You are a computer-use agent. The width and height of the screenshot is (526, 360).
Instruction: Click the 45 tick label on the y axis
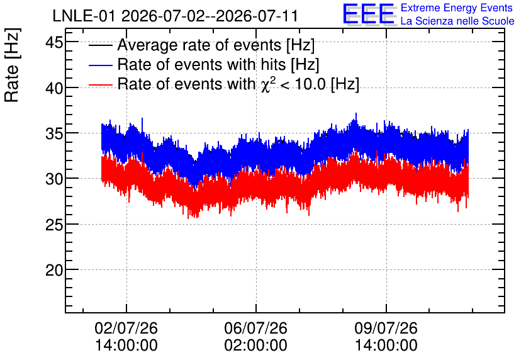click(x=54, y=43)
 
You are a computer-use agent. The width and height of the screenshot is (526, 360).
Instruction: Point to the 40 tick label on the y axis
click(x=54, y=89)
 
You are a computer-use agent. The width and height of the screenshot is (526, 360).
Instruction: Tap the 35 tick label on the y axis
click(x=54, y=134)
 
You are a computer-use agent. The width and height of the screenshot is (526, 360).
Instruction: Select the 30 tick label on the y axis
click(x=54, y=179)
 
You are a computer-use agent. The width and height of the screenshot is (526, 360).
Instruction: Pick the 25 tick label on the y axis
click(x=54, y=225)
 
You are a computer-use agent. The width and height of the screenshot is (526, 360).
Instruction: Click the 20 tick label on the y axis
click(x=54, y=271)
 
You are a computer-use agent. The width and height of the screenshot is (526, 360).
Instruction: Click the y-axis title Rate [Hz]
click(x=12, y=65)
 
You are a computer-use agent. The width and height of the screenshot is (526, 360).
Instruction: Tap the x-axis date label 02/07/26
click(x=126, y=328)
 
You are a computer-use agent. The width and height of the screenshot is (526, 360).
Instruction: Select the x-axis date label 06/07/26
click(x=256, y=328)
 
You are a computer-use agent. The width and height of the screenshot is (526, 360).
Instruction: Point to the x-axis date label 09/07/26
click(x=386, y=328)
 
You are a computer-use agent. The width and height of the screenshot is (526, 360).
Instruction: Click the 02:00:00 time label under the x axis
click(x=256, y=346)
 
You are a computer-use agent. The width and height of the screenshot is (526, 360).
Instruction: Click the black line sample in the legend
click(x=100, y=45)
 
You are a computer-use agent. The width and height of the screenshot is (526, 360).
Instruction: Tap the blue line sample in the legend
click(x=100, y=65)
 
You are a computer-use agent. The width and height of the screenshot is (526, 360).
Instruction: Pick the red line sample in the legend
click(x=100, y=84)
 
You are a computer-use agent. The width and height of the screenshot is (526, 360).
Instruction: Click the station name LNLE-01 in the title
click(x=84, y=16)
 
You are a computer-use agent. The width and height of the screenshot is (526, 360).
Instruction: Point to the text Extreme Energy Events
click(x=457, y=8)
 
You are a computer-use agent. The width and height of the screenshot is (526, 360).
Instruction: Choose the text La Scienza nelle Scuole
click(x=457, y=21)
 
